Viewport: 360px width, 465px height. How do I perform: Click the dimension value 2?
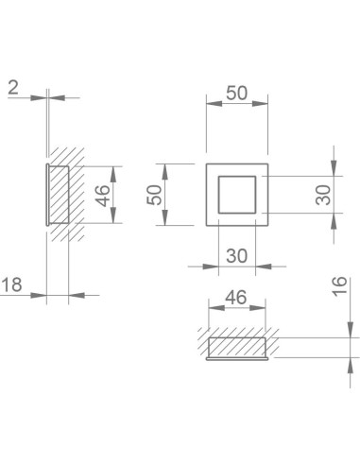pos(13,88)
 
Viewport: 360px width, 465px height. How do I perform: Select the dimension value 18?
pos(11,284)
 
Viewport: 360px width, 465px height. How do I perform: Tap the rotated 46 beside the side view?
pos(103,196)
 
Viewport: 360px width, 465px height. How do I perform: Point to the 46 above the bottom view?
pos(236,298)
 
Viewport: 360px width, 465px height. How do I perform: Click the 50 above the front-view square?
pos(237,93)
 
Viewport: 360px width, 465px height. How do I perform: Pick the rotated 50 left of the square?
pos(154,195)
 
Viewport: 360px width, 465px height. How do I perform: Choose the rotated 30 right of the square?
pos(323,195)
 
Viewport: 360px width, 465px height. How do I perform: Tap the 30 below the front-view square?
pos(237,256)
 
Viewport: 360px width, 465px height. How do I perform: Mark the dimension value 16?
pos(340,285)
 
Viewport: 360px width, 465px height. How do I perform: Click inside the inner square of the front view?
pos(237,195)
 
